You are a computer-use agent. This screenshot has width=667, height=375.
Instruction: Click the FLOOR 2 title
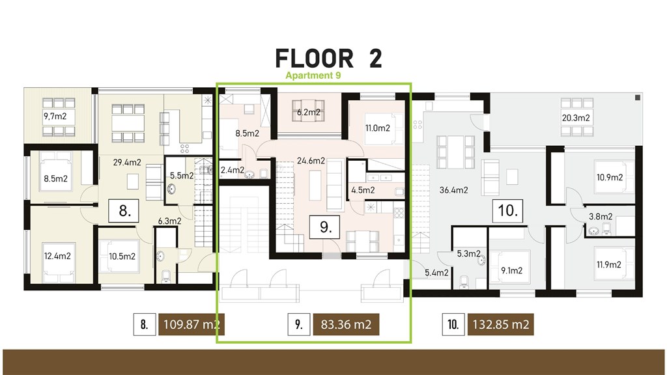[328, 58]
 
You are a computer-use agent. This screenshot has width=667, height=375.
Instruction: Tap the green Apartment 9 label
[313, 76]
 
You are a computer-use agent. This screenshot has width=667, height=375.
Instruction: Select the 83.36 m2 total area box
[346, 324]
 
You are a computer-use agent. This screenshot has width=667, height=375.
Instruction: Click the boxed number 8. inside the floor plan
[125, 212]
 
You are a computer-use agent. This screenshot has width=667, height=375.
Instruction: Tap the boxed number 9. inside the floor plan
[326, 227]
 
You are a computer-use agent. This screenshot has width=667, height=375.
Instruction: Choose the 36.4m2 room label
[453, 191]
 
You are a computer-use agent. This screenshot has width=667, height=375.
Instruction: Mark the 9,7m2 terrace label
[55, 117]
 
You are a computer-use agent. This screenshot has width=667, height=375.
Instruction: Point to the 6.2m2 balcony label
[309, 112]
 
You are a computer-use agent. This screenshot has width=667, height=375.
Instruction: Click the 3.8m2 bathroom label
[600, 217]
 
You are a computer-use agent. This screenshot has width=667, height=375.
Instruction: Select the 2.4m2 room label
[233, 171]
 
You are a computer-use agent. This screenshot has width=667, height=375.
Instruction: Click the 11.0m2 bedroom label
[377, 128]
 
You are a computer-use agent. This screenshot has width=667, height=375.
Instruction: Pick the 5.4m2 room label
[436, 273]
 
